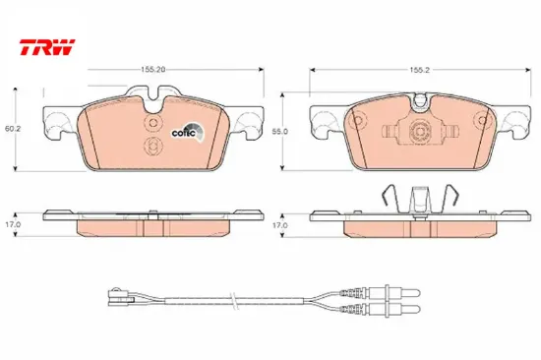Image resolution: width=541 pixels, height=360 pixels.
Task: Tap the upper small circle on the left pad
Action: pyautogui.click(x=151, y=122)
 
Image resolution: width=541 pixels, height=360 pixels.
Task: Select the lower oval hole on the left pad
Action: pyautogui.click(x=151, y=147)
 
